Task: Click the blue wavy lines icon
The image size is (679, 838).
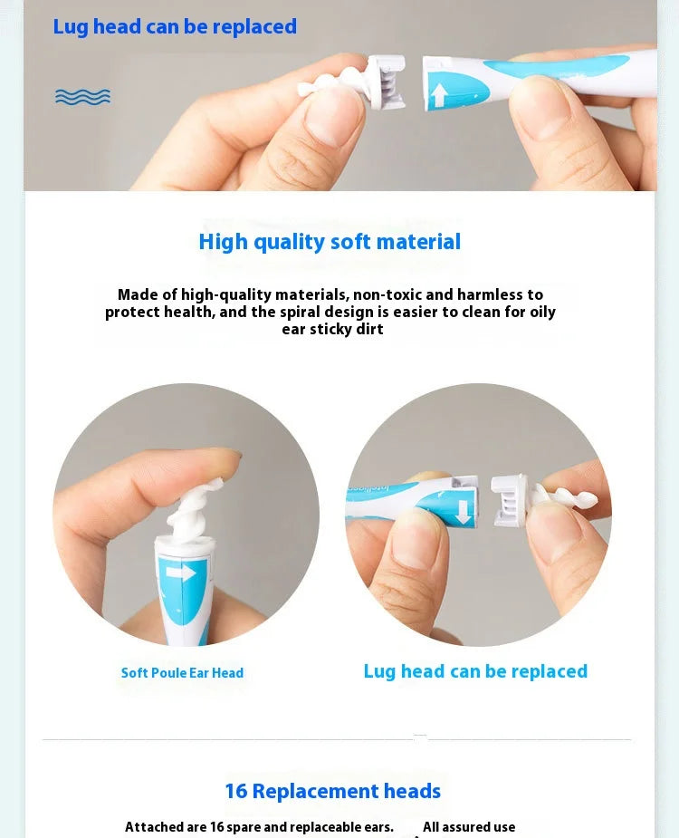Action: [82, 97]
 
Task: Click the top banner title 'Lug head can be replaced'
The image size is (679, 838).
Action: [175, 27]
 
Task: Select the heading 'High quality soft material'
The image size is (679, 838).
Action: [330, 242]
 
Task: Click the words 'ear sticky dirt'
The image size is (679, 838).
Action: [332, 329]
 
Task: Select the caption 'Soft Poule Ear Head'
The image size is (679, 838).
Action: [182, 673]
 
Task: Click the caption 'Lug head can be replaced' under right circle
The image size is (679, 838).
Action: [475, 671]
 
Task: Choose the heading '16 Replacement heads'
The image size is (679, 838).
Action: [332, 791]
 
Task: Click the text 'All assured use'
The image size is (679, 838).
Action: [469, 826]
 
